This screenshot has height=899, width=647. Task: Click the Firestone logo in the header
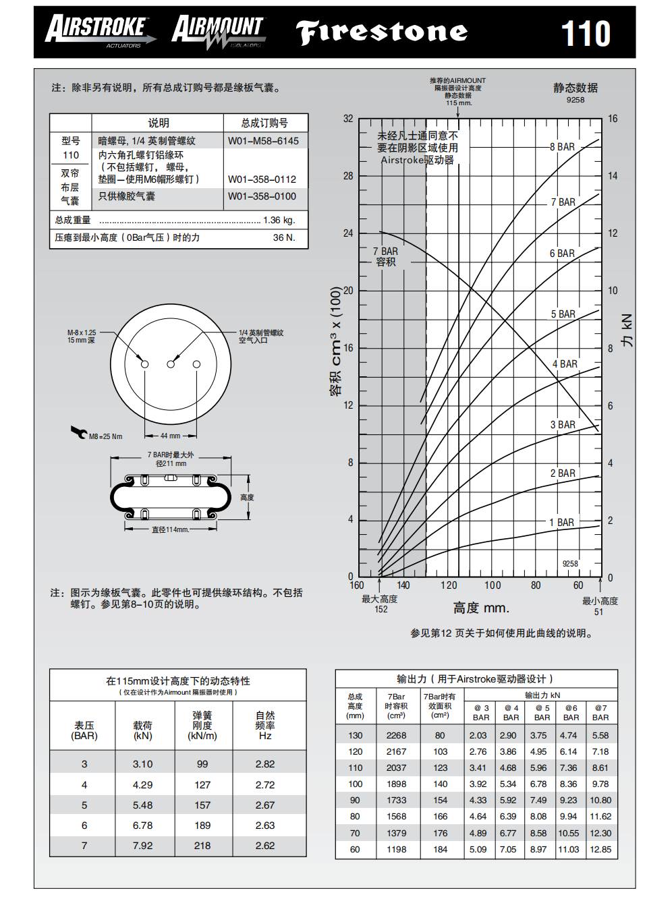(x=382, y=32)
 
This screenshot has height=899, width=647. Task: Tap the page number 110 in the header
(x=586, y=34)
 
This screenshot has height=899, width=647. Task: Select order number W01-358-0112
(x=262, y=179)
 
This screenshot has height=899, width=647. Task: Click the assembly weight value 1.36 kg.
(x=279, y=221)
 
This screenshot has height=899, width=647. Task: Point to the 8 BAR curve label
(x=562, y=147)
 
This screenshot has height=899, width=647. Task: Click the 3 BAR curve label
(x=563, y=425)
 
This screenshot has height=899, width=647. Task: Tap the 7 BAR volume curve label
(x=386, y=256)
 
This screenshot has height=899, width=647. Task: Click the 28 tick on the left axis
(x=348, y=176)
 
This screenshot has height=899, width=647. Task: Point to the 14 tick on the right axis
(x=613, y=176)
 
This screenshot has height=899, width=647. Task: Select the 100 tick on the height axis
(x=493, y=585)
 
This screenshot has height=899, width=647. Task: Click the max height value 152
(x=381, y=609)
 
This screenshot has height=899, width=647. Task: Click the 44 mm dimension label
(x=170, y=436)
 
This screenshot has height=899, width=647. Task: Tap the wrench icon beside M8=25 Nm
(x=78, y=432)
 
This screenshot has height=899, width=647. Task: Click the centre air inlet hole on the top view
(x=171, y=364)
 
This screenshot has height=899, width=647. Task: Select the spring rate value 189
(x=202, y=825)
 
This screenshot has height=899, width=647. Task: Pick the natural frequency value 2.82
(x=265, y=764)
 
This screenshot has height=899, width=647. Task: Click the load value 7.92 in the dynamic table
(x=143, y=846)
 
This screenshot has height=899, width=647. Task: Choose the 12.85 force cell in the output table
(x=600, y=850)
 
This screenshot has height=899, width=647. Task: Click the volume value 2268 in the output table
(x=396, y=736)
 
